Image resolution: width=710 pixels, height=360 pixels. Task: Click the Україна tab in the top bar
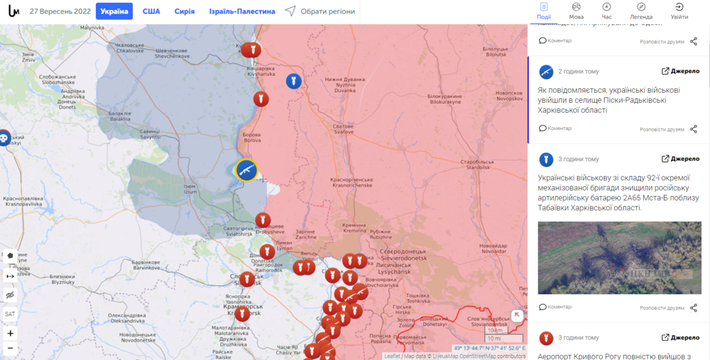coord(114,11)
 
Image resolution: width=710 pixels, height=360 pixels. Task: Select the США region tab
coord(151,11)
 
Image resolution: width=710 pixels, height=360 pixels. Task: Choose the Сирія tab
coord(185,11)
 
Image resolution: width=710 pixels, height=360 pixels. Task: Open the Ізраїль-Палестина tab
coord(242,11)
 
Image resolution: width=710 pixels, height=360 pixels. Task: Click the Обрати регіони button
coord(319,11)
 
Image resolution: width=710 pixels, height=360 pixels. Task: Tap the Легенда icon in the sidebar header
coord(641,11)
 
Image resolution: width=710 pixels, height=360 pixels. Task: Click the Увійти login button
coord(679,11)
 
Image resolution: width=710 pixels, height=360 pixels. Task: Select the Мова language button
coord(577,11)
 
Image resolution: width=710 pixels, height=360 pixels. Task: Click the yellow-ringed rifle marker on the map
coord(246,170)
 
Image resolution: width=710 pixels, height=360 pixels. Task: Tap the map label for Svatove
coord(344,129)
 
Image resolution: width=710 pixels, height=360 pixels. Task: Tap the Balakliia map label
coord(120,116)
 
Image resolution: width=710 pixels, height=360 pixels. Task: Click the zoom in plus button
coord(10,333)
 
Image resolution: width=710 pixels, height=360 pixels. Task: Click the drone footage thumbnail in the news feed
coord(619,258)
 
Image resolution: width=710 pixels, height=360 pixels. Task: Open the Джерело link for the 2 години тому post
coord(680,71)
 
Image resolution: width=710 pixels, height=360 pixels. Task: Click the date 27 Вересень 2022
coord(60,11)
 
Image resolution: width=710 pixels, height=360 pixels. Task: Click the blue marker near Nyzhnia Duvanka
coord(293,81)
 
